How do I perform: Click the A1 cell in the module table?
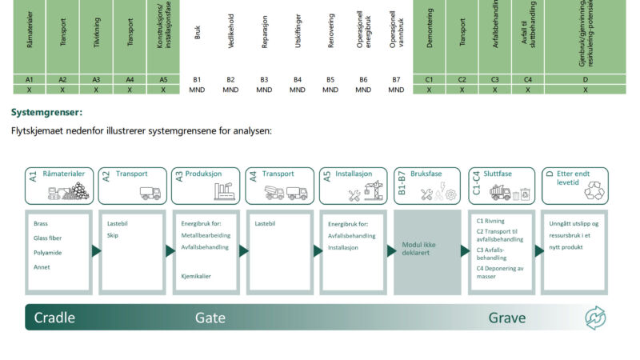[x=29, y=80]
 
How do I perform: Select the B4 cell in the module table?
[x=298, y=80]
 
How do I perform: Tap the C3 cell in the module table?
[x=495, y=80]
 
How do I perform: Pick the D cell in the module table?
[x=586, y=80]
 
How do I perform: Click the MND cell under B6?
[x=363, y=90]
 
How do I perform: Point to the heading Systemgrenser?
[x=46, y=113]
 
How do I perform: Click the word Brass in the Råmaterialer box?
[x=41, y=224]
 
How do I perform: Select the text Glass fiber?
[x=48, y=238]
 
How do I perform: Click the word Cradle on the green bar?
[x=54, y=318]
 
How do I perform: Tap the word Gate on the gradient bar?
[x=210, y=318]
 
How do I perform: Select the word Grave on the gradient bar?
[x=507, y=318]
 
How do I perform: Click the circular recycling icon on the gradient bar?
[x=596, y=318]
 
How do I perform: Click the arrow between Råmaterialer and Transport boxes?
[x=96, y=250]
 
